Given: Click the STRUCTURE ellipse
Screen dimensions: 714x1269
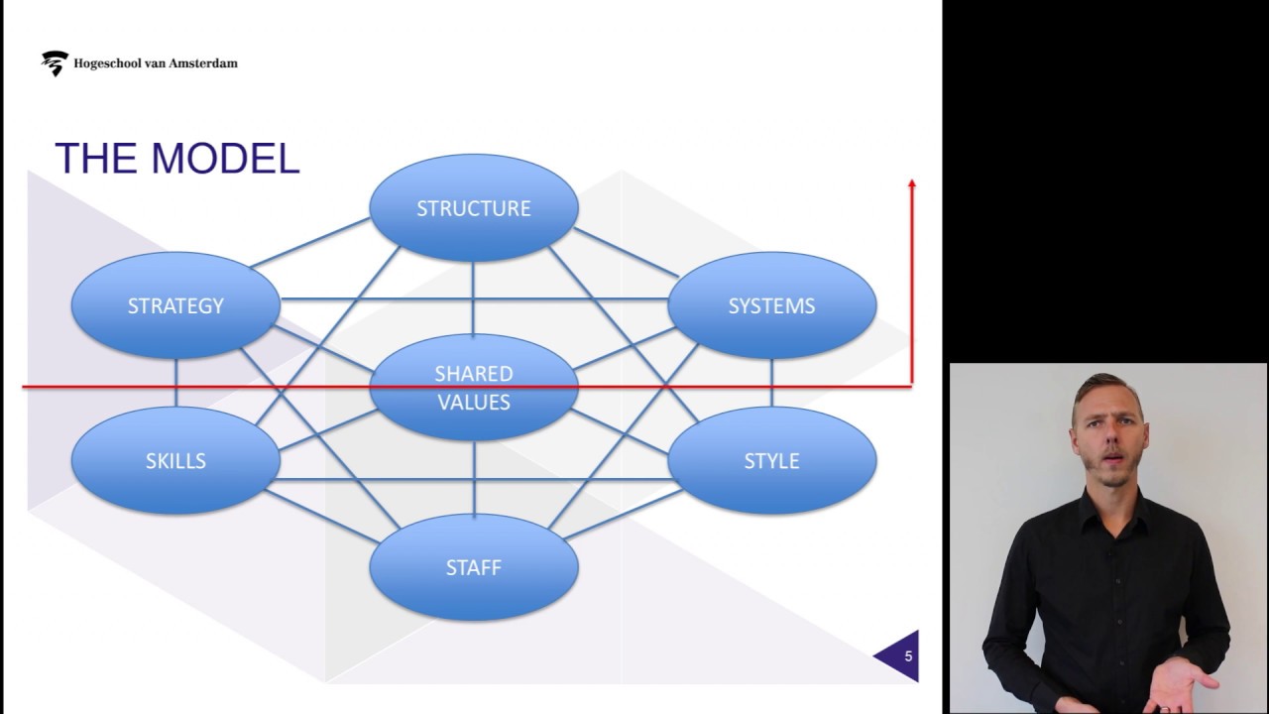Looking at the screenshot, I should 473,208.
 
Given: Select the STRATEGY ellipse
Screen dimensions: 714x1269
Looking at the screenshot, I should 175,305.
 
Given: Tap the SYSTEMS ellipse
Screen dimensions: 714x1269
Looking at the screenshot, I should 771,305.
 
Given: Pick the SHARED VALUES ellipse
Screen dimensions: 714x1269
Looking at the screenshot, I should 473,388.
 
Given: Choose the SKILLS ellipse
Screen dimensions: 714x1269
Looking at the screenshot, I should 175,461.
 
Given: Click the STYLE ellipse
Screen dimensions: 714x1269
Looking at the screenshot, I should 771,461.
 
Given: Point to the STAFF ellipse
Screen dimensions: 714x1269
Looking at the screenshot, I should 473,568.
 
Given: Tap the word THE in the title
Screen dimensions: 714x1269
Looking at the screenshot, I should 94,160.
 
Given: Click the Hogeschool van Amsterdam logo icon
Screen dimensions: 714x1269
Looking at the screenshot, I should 55,63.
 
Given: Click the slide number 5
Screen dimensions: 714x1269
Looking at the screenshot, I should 907,656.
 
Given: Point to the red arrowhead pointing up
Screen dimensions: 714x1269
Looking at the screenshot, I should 911,184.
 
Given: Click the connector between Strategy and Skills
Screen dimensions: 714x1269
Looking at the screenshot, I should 175,383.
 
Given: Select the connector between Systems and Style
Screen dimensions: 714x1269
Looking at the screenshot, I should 771,383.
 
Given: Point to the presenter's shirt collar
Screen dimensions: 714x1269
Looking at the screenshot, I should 1105,501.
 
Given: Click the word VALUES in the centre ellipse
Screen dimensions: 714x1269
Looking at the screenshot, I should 473,403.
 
